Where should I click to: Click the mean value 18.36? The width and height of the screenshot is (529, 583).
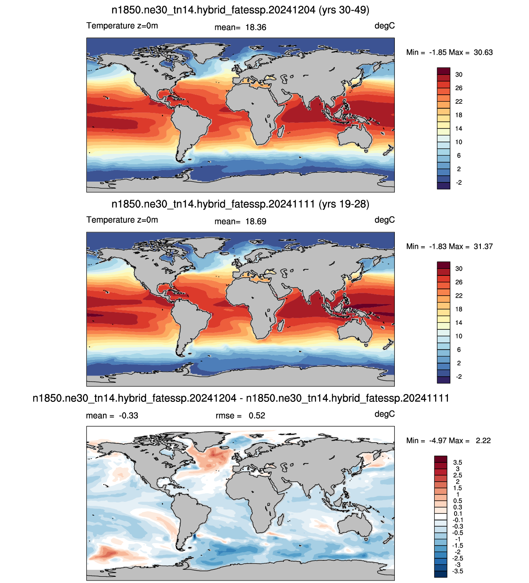coord(256,27)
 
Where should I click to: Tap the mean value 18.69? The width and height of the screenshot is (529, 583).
coord(256,222)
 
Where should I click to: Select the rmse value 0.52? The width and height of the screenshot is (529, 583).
coord(257,415)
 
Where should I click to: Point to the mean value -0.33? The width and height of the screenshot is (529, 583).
coord(128,415)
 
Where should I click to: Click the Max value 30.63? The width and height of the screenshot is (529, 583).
coord(483,52)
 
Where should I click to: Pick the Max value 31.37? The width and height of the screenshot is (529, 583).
coord(483,247)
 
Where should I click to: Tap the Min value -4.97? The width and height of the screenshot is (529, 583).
coord(439,441)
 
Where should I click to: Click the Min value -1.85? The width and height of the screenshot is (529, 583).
coord(439,52)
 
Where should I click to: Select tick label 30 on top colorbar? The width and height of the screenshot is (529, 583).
coord(459,75)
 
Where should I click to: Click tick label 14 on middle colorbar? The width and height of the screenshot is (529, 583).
coord(459,323)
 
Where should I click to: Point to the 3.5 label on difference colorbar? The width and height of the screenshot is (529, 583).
coord(457,463)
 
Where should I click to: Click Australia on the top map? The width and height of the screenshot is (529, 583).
coord(354,136)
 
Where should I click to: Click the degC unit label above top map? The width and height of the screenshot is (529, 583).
coord(385,26)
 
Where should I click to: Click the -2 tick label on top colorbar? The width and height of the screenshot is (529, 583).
coord(459,183)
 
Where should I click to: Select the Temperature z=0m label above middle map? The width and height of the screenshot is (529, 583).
coord(122,220)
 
